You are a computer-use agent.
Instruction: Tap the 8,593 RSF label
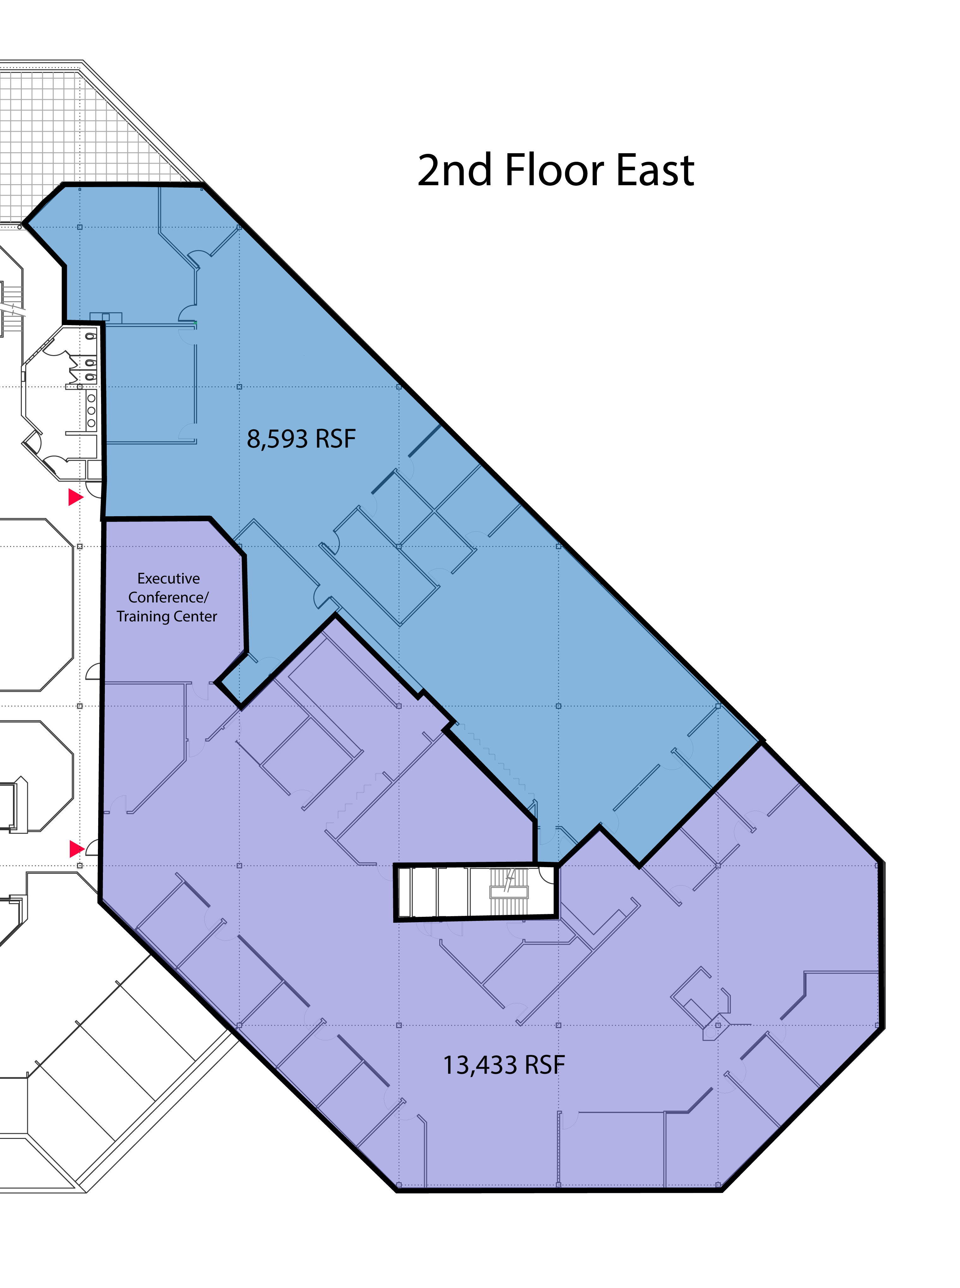click(x=301, y=439)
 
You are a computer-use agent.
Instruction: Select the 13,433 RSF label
click(x=504, y=1065)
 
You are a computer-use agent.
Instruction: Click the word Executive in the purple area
click(x=169, y=578)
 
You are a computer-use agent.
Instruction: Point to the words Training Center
click(x=167, y=617)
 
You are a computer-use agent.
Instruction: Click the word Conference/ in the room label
click(x=169, y=597)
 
